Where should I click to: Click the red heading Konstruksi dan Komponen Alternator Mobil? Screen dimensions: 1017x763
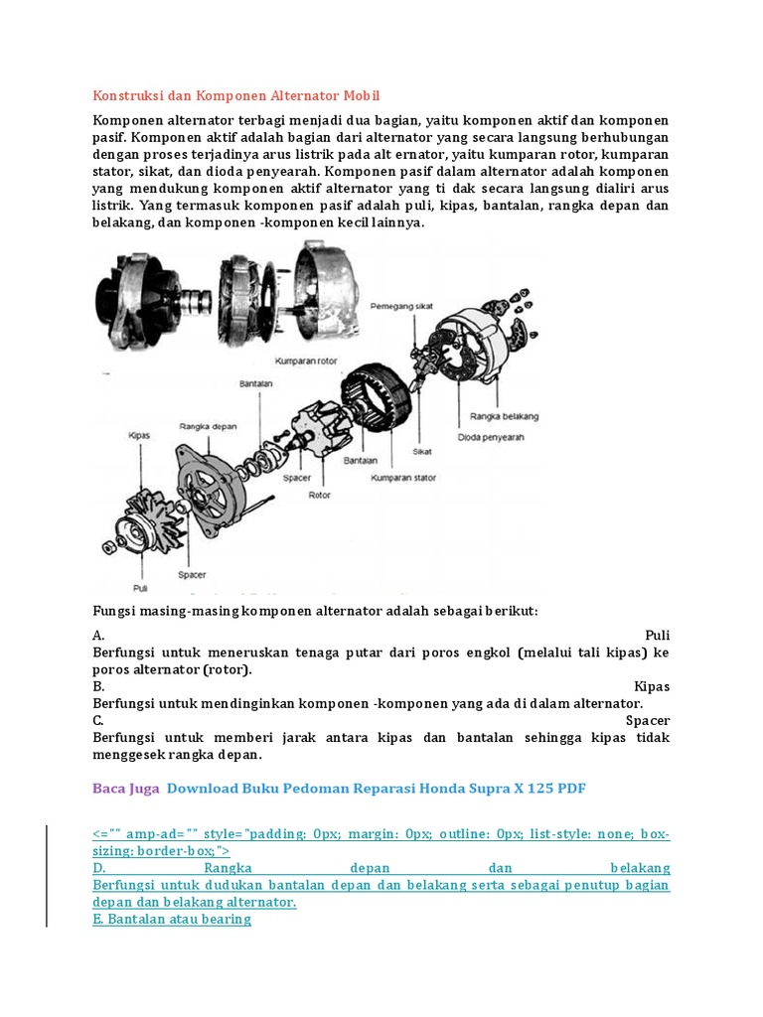pos(236,95)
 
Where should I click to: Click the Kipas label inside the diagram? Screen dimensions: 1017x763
pos(139,435)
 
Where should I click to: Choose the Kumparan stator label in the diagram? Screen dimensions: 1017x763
pos(404,478)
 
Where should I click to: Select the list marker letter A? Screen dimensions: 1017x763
pos(98,635)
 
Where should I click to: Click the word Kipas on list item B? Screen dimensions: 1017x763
pos(652,686)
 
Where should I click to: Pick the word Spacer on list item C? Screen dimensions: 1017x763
pos(648,720)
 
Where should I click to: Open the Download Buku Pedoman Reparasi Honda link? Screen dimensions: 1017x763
pos(377,789)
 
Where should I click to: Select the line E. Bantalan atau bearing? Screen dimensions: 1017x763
pos(172,919)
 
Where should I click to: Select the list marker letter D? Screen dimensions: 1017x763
pos(98,867)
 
